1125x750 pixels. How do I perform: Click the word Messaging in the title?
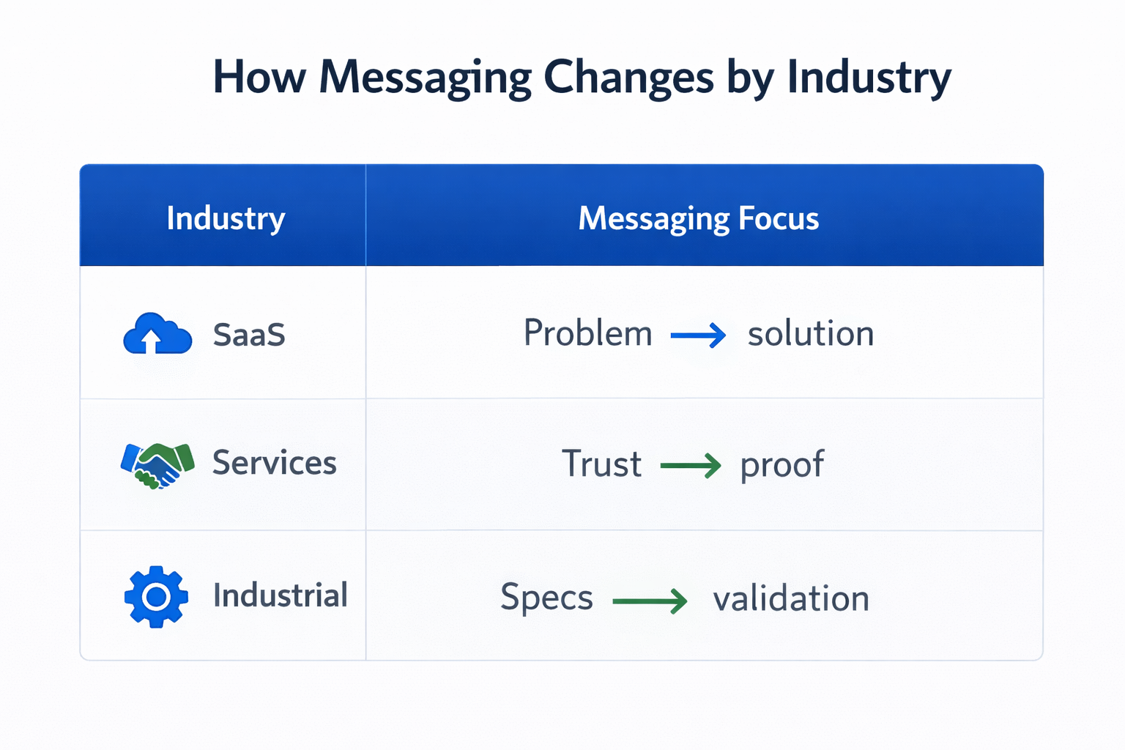tap(425, 78)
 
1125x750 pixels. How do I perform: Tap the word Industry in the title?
tap(869, 78)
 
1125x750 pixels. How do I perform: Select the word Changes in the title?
tap(628, 78)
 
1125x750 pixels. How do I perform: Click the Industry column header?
tap(226, 218)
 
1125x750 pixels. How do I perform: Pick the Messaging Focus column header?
tap(699, 218)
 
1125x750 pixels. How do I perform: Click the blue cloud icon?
tap(157, 335)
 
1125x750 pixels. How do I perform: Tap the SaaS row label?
tap(249, 335)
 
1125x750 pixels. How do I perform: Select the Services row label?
tap(275, 463)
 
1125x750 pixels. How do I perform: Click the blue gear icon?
tap(156, 597)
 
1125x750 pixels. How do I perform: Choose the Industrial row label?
tap(281, 595)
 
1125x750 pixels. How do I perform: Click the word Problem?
tap(587, 334)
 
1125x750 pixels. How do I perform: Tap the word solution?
tap(811, 334)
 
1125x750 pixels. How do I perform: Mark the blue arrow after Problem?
tap(698, 335)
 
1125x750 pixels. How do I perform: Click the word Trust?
tap(601, 464)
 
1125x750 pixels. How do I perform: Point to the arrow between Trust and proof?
tap(691, 466)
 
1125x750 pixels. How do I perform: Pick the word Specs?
tap(546, 598)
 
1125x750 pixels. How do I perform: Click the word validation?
tap(791, 598)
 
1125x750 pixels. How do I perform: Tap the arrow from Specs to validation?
tap(650, 601)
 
